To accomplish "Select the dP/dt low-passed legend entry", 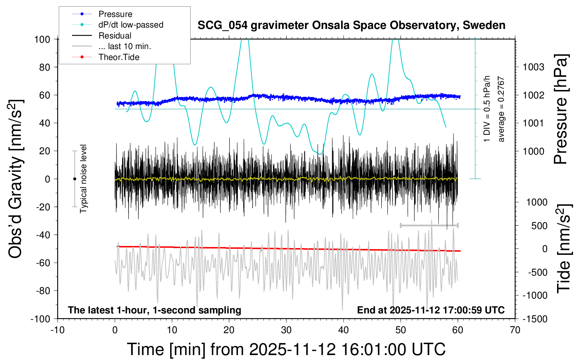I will tap(131, 25).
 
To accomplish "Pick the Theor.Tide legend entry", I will tap(119, 57).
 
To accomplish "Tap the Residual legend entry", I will tap(115, 36).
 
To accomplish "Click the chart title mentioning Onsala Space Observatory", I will tap(351, 25).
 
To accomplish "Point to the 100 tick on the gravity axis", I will tap(42, 39).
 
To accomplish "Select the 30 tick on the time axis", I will tap(286, 330).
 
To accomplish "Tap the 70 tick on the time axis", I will tap(515, 330).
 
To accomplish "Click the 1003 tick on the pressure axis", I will tap(533, 67).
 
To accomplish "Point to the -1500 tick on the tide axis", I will tap(535, 319).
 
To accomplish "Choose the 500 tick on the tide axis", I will tap(539, 226).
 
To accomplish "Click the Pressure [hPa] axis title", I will tap(561, 109).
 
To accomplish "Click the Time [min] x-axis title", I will tap(286, 349).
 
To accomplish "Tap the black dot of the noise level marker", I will tap(74, 179).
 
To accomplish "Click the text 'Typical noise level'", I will tap(83, 179).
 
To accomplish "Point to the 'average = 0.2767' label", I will tap(501, 109).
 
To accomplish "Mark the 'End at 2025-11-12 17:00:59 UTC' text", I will tap(431, 310).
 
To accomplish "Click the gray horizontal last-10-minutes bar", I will tap(429, 225).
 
